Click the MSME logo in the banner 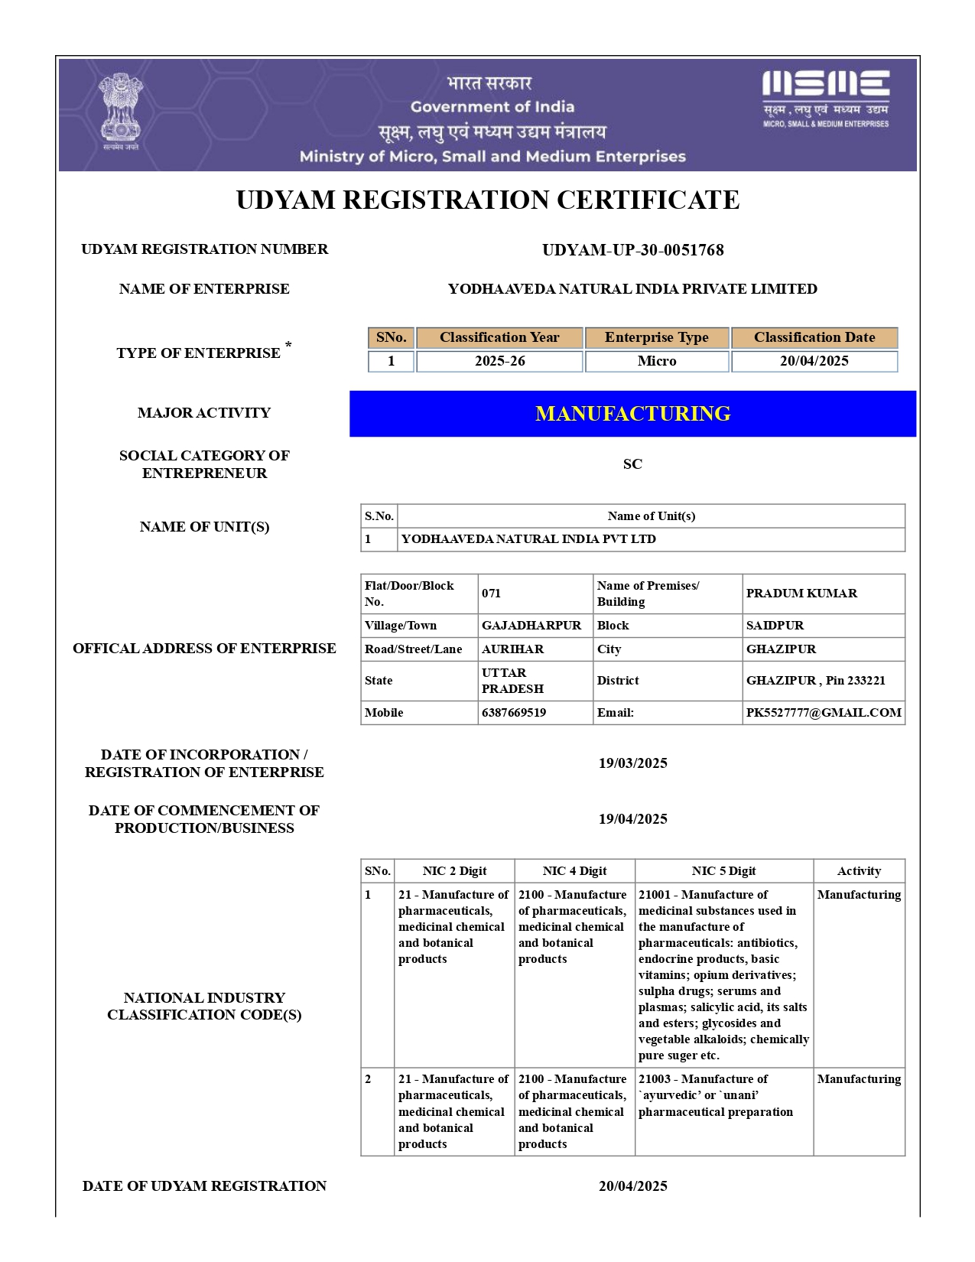point(825,97)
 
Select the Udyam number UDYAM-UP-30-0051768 point(632,250)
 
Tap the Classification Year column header point(499,337)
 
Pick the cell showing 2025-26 point(499,361)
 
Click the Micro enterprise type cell point(657,361)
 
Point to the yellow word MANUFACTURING point(632,414)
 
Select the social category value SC point(632,464)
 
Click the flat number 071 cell point(492,594)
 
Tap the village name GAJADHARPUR point(531,626)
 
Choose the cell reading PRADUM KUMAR point(801,594)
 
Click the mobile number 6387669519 point(514,713)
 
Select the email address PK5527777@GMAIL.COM point(824,713)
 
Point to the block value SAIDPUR point(775,626)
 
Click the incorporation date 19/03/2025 point(632,763)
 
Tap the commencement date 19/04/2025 point(632,819)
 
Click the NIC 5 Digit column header point(723,871)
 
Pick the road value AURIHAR point(512,649)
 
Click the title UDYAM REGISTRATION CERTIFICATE point(487,200)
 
